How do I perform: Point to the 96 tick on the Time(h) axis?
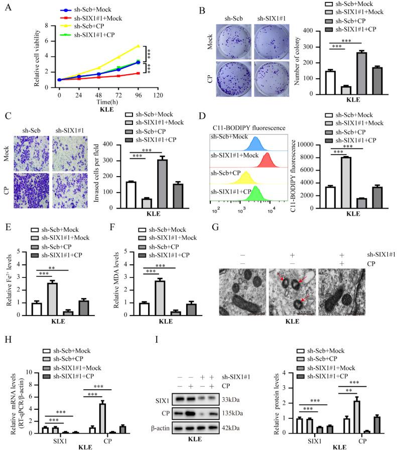tap(138, 94)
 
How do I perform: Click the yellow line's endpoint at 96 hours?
tap(138, 46)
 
